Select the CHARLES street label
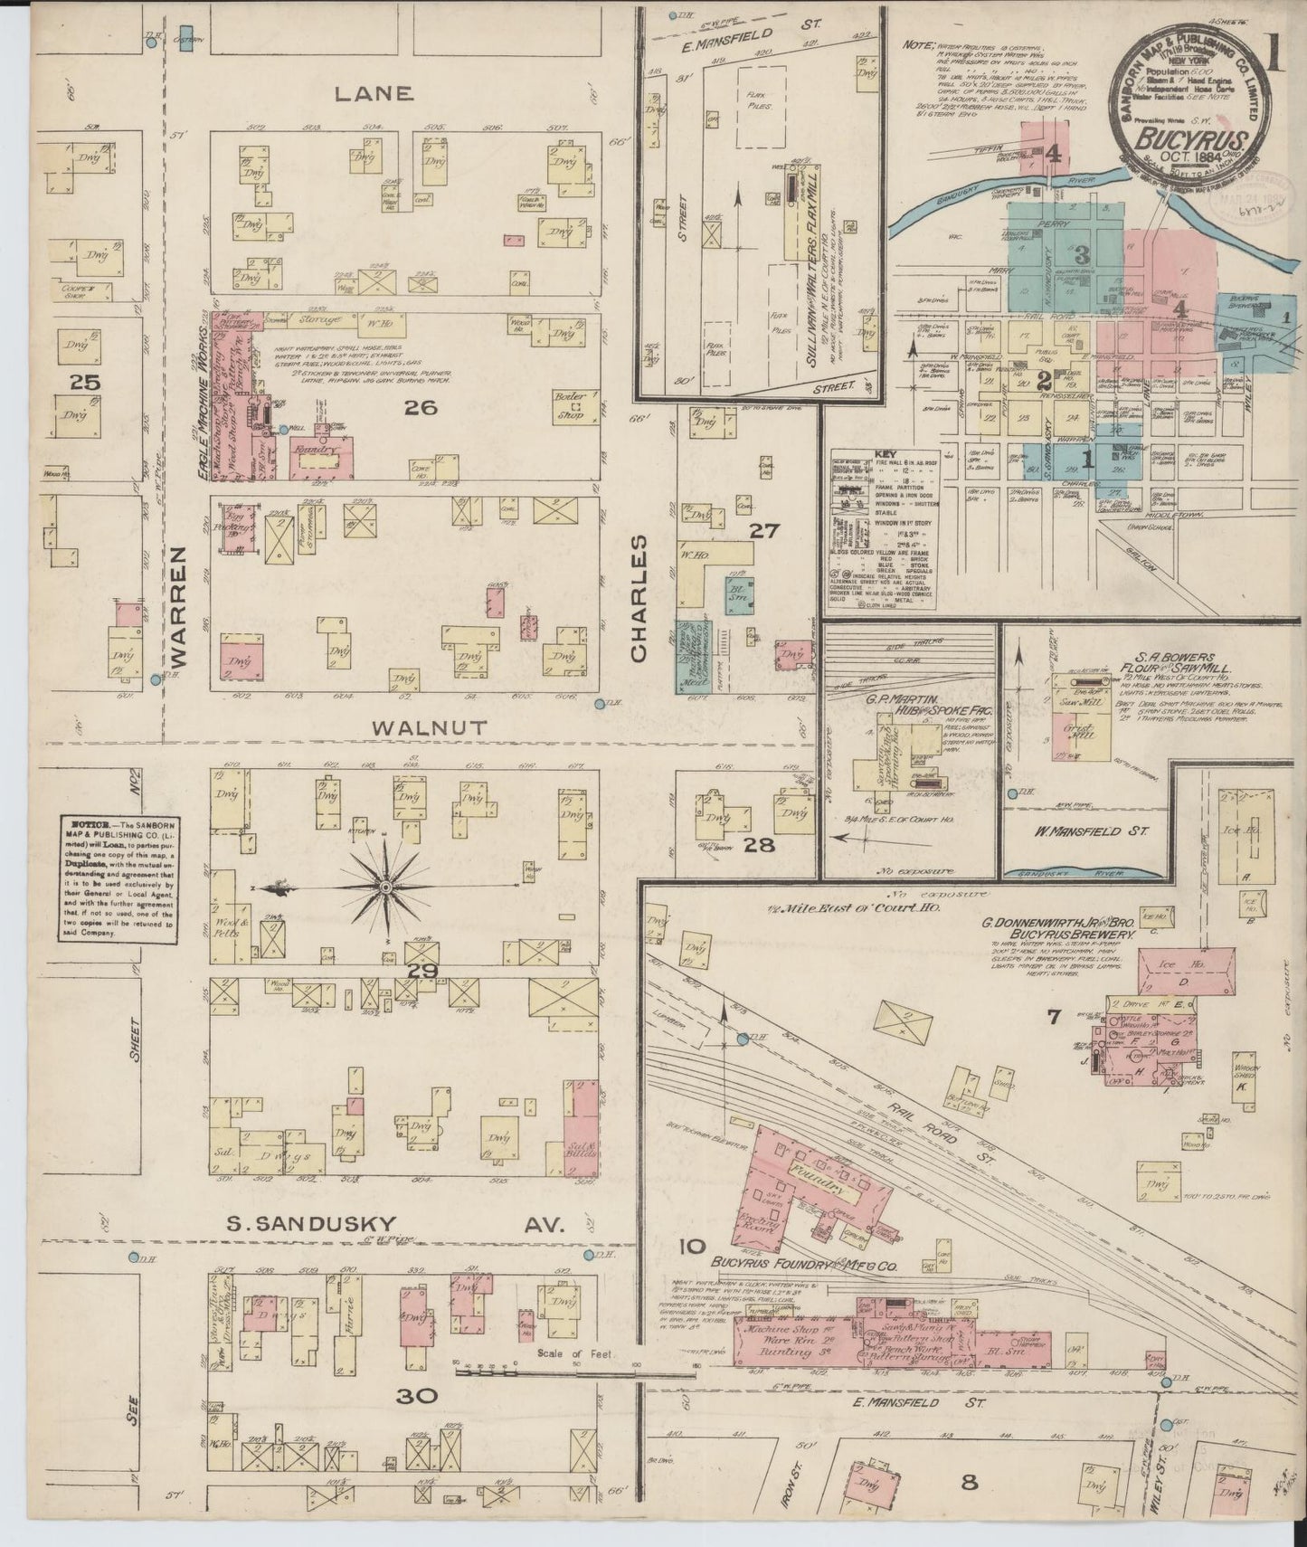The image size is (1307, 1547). [639, 598]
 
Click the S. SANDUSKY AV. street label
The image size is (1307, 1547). [394, 1225]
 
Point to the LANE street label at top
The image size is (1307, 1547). [374, 93]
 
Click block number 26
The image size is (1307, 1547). [421, 407]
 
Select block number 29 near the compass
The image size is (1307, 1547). [421, 972]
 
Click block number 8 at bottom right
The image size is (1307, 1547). [970, 1482]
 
